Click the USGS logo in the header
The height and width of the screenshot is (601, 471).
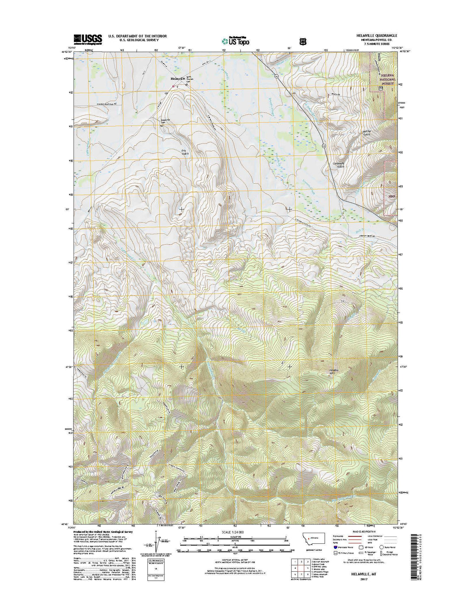[87, 39]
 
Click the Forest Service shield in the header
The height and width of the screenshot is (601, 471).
[301, 41]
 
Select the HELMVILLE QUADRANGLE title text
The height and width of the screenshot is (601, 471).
[376, 36]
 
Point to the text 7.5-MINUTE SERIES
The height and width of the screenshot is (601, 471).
[376, 43]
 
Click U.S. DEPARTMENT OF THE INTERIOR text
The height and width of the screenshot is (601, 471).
[137, 36]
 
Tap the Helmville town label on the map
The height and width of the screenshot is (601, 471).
[178, 78]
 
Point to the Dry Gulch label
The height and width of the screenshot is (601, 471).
[185, 152]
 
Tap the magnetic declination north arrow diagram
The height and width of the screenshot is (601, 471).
[156, 540]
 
